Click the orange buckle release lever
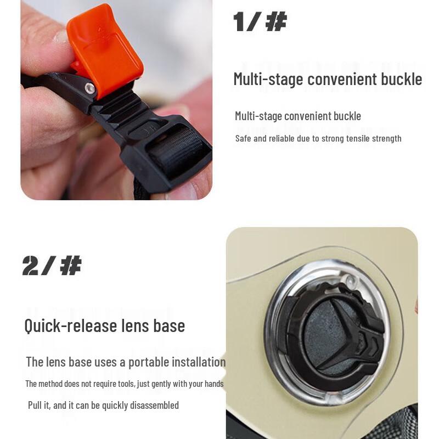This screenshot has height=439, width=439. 105,50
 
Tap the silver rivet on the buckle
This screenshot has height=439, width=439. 90,88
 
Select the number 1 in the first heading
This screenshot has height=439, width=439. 239,21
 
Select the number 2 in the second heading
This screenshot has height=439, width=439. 30,266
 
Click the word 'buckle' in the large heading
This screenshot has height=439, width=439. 402,79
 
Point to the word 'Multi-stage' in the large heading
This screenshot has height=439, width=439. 268,79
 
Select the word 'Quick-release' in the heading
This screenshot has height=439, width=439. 71,326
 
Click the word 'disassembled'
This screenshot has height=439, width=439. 154,405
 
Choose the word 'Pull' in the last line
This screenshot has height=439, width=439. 35,405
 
